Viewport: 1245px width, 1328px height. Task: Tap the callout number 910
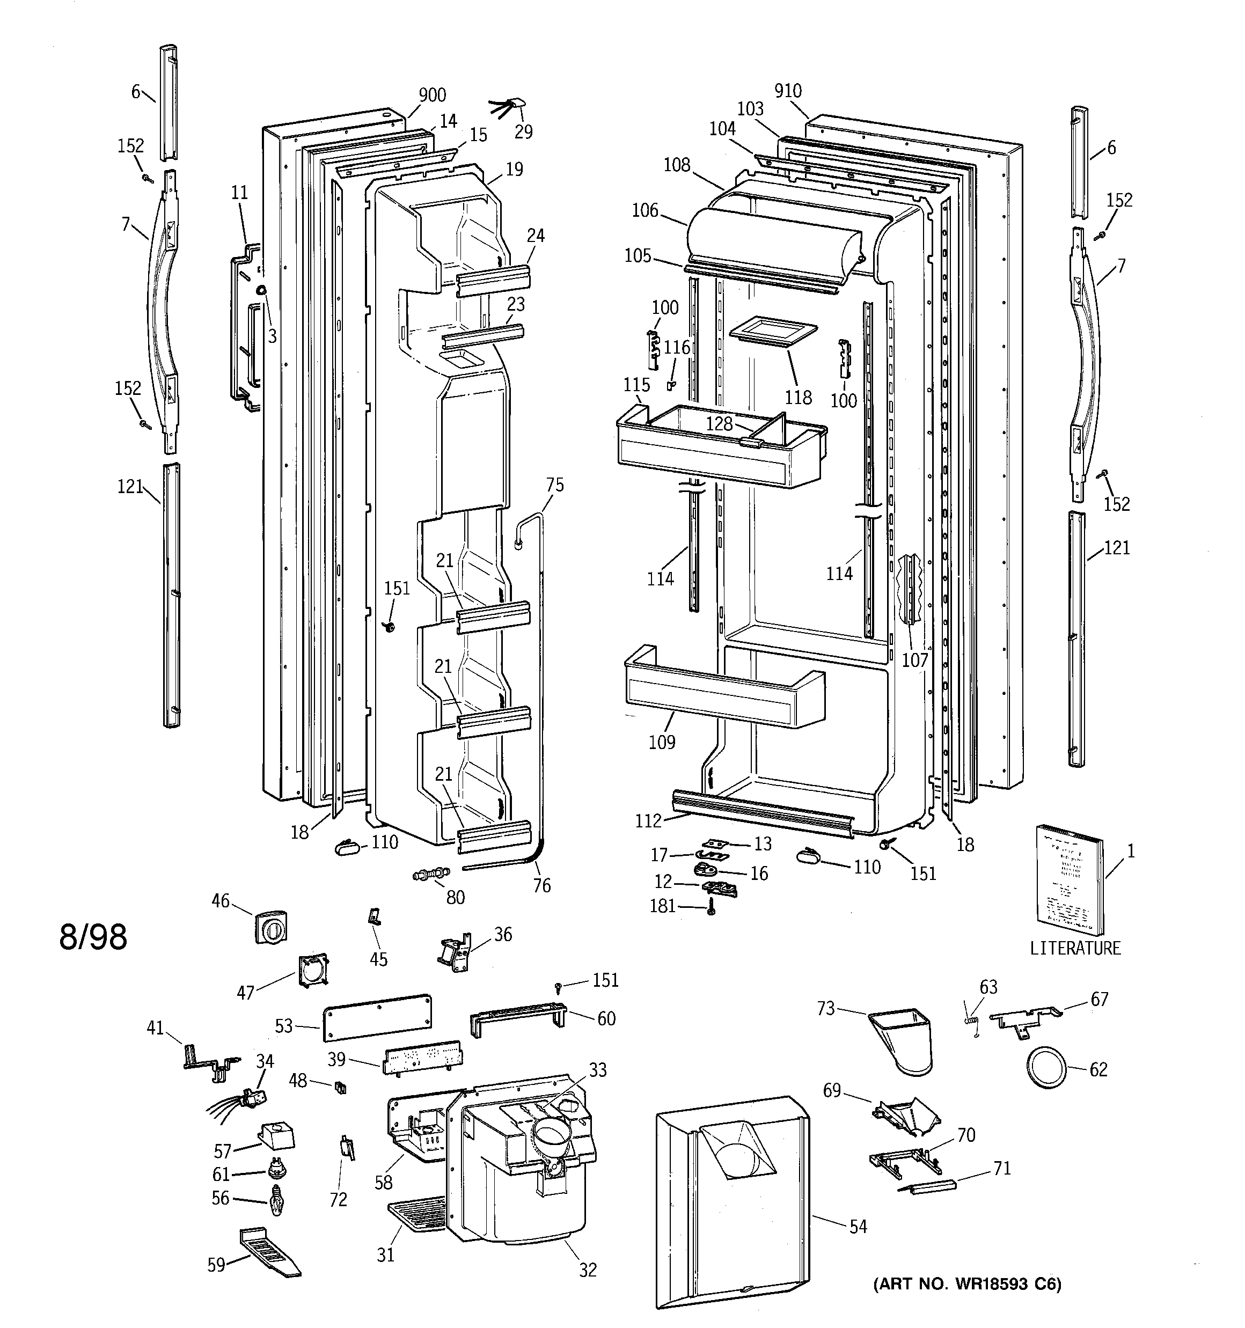click(788, 91)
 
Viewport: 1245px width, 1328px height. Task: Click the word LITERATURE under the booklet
click(1074, 948)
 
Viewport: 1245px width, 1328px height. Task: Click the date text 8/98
click(93, 937)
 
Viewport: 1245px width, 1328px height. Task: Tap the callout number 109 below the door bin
click(662, 742)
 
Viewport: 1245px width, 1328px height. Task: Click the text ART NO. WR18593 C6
click(967, 1284)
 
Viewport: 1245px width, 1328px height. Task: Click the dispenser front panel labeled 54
click(732, 1202)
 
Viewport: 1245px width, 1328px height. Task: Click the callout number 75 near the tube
click(555, 485)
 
